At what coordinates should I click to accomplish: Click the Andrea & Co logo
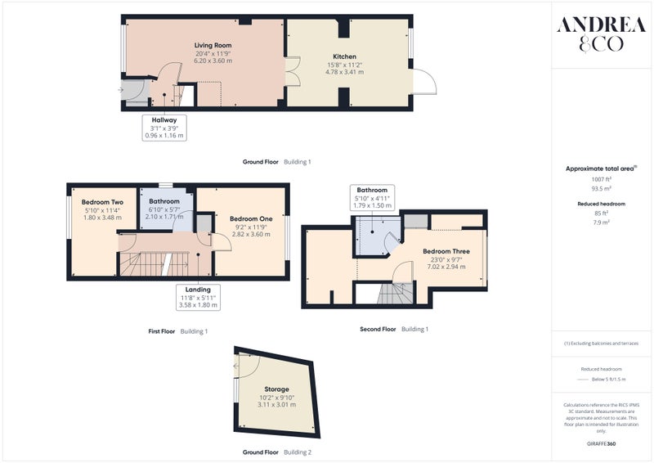point(601,34)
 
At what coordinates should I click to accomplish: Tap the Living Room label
point(213,45)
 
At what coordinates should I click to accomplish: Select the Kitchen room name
point(344,56)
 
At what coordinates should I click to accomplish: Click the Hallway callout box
point(164,128)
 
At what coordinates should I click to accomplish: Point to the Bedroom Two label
point(103,202)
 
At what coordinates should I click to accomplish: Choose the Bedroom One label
point(251,218)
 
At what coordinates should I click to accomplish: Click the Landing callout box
point(198,297)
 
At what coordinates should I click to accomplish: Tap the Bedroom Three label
point(446,251)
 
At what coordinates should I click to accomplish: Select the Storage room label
point(276,389)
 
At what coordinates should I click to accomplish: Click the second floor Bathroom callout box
point(372,197)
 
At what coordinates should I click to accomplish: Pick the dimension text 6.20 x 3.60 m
point(213,61)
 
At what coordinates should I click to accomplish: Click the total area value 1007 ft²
point(602,179)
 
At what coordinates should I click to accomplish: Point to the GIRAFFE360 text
point(601,443)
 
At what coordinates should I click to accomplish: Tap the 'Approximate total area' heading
point(601,169)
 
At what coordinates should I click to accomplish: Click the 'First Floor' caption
point(162,331)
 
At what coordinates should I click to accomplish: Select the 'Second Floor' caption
point(378,329)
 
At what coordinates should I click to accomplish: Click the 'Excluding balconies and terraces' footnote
point(601,344)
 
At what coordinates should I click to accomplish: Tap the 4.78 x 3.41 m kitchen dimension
point(344,72)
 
